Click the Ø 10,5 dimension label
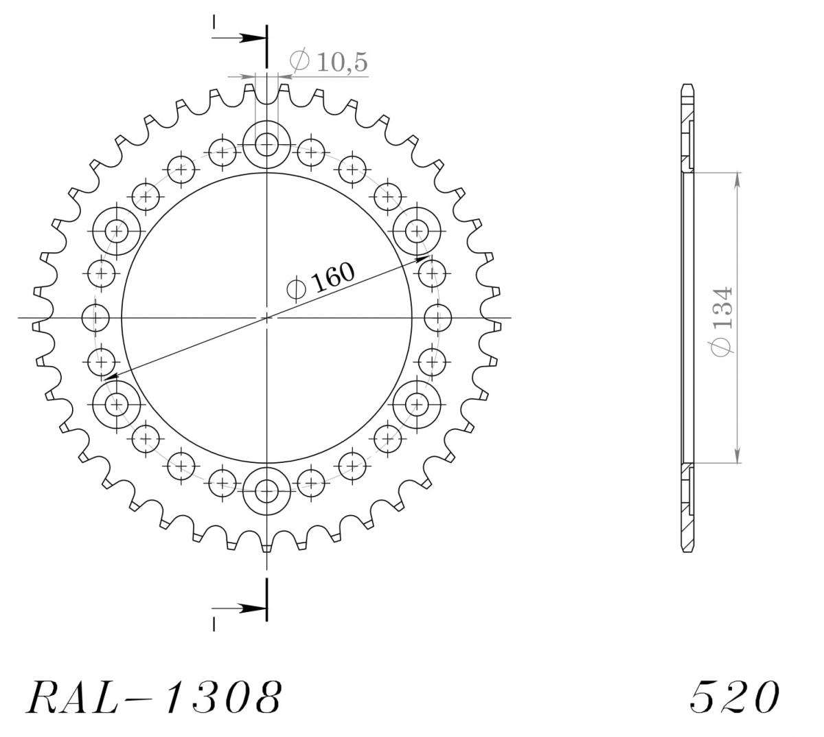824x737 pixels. coord(329,62)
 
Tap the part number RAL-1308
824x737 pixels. coord(154,696)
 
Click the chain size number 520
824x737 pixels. coord(735,696)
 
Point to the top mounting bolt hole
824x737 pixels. coord(266,144)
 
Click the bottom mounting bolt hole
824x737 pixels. coord(266,491)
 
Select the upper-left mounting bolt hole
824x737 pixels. coord(117,231)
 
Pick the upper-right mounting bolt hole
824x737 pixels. coord(417,231)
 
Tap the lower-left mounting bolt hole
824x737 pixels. coord(117,405)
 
